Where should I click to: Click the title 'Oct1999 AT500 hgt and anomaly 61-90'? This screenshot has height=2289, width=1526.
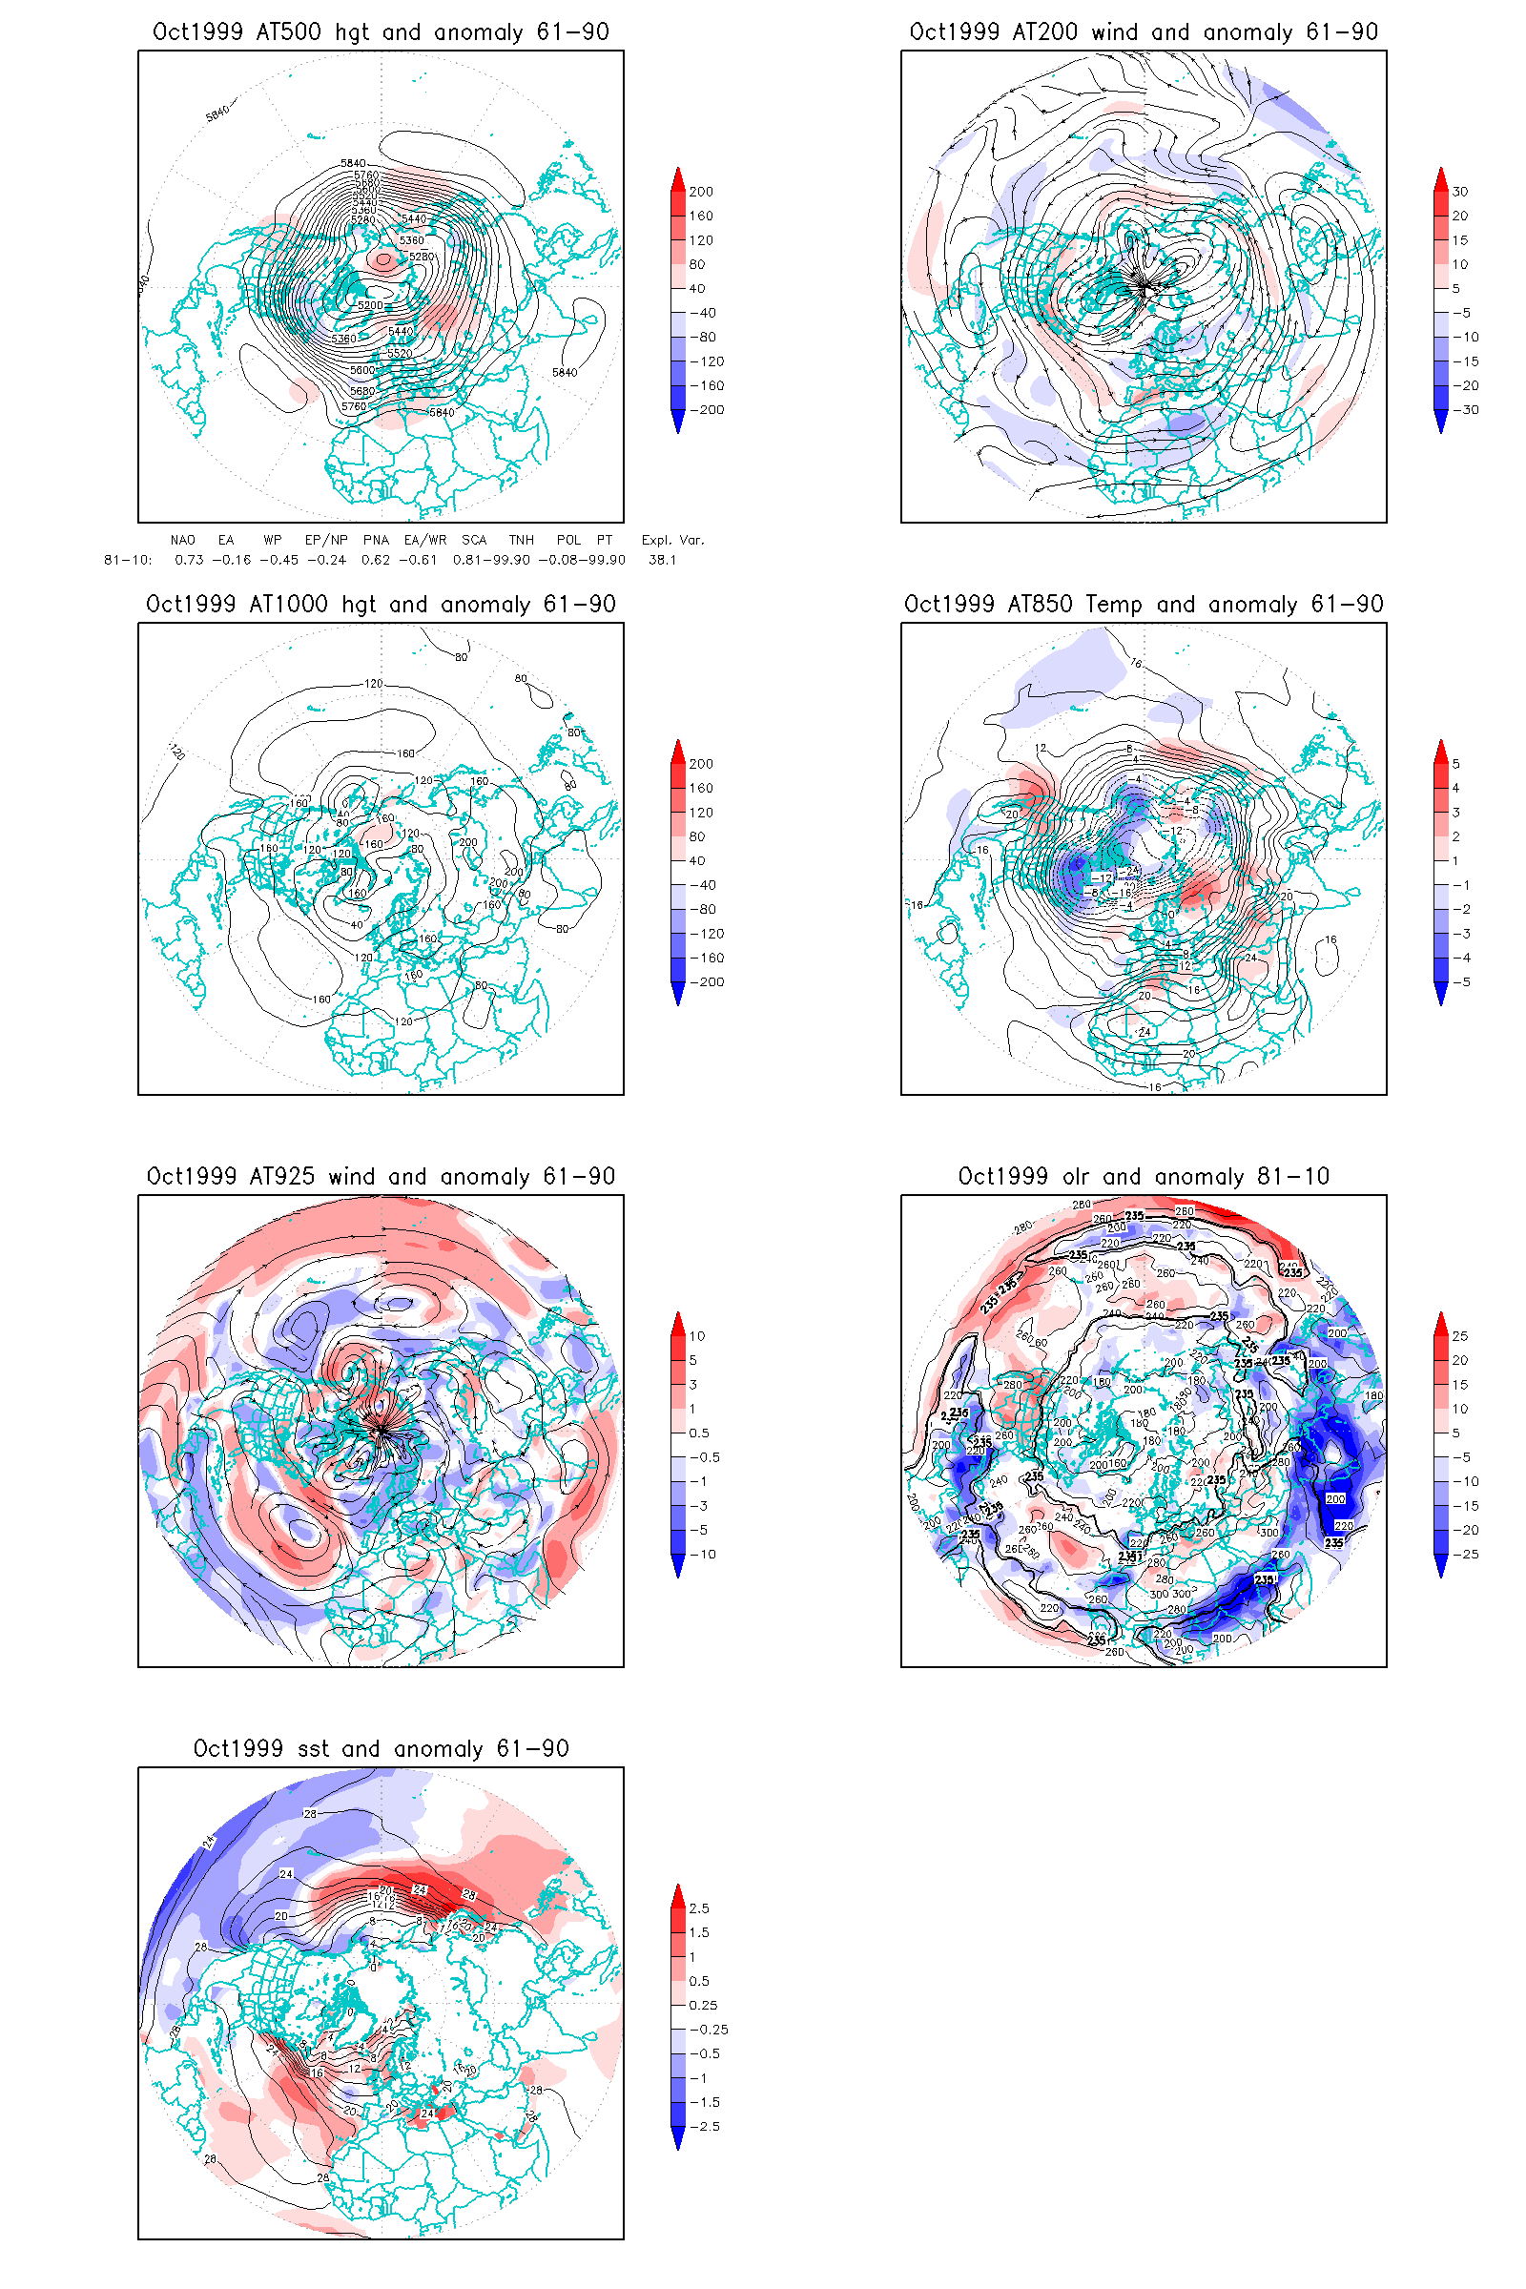(x=381, y=32)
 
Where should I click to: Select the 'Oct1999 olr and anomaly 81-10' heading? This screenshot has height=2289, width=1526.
(x=1144, y=1177)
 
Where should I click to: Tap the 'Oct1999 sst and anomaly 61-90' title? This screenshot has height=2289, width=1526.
(x=381, y=1749)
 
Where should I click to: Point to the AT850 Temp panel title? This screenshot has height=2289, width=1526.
(x=1144, y=605)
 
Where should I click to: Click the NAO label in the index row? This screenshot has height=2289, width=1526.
(x=183, y=540)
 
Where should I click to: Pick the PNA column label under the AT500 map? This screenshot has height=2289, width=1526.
(x=376, y=540)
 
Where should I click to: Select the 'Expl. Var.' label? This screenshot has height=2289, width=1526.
(x=672, y=540)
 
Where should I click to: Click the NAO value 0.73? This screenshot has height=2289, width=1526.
(x=189, y=560)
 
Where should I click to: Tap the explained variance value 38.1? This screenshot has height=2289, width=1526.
(x=663, y=560)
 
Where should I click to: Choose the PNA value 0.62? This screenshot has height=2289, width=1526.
(x=376, y=560)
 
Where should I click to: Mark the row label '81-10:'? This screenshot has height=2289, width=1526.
(x=129, y=560)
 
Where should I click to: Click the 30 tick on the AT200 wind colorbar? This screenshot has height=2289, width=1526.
(x=1460, y=192)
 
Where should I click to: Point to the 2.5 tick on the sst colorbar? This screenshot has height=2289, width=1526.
(x=699, y=1908)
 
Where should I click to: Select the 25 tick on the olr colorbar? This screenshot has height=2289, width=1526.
(x=1460, y=1336)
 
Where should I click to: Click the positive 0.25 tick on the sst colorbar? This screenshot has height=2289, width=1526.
(x=703, y=2005)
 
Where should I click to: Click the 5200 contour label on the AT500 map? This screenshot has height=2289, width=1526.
(x=370, y=304)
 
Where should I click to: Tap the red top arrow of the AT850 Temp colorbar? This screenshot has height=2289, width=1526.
(x=1441, y=749)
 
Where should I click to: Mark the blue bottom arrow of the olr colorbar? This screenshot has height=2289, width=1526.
(x=1441, y=1566)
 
